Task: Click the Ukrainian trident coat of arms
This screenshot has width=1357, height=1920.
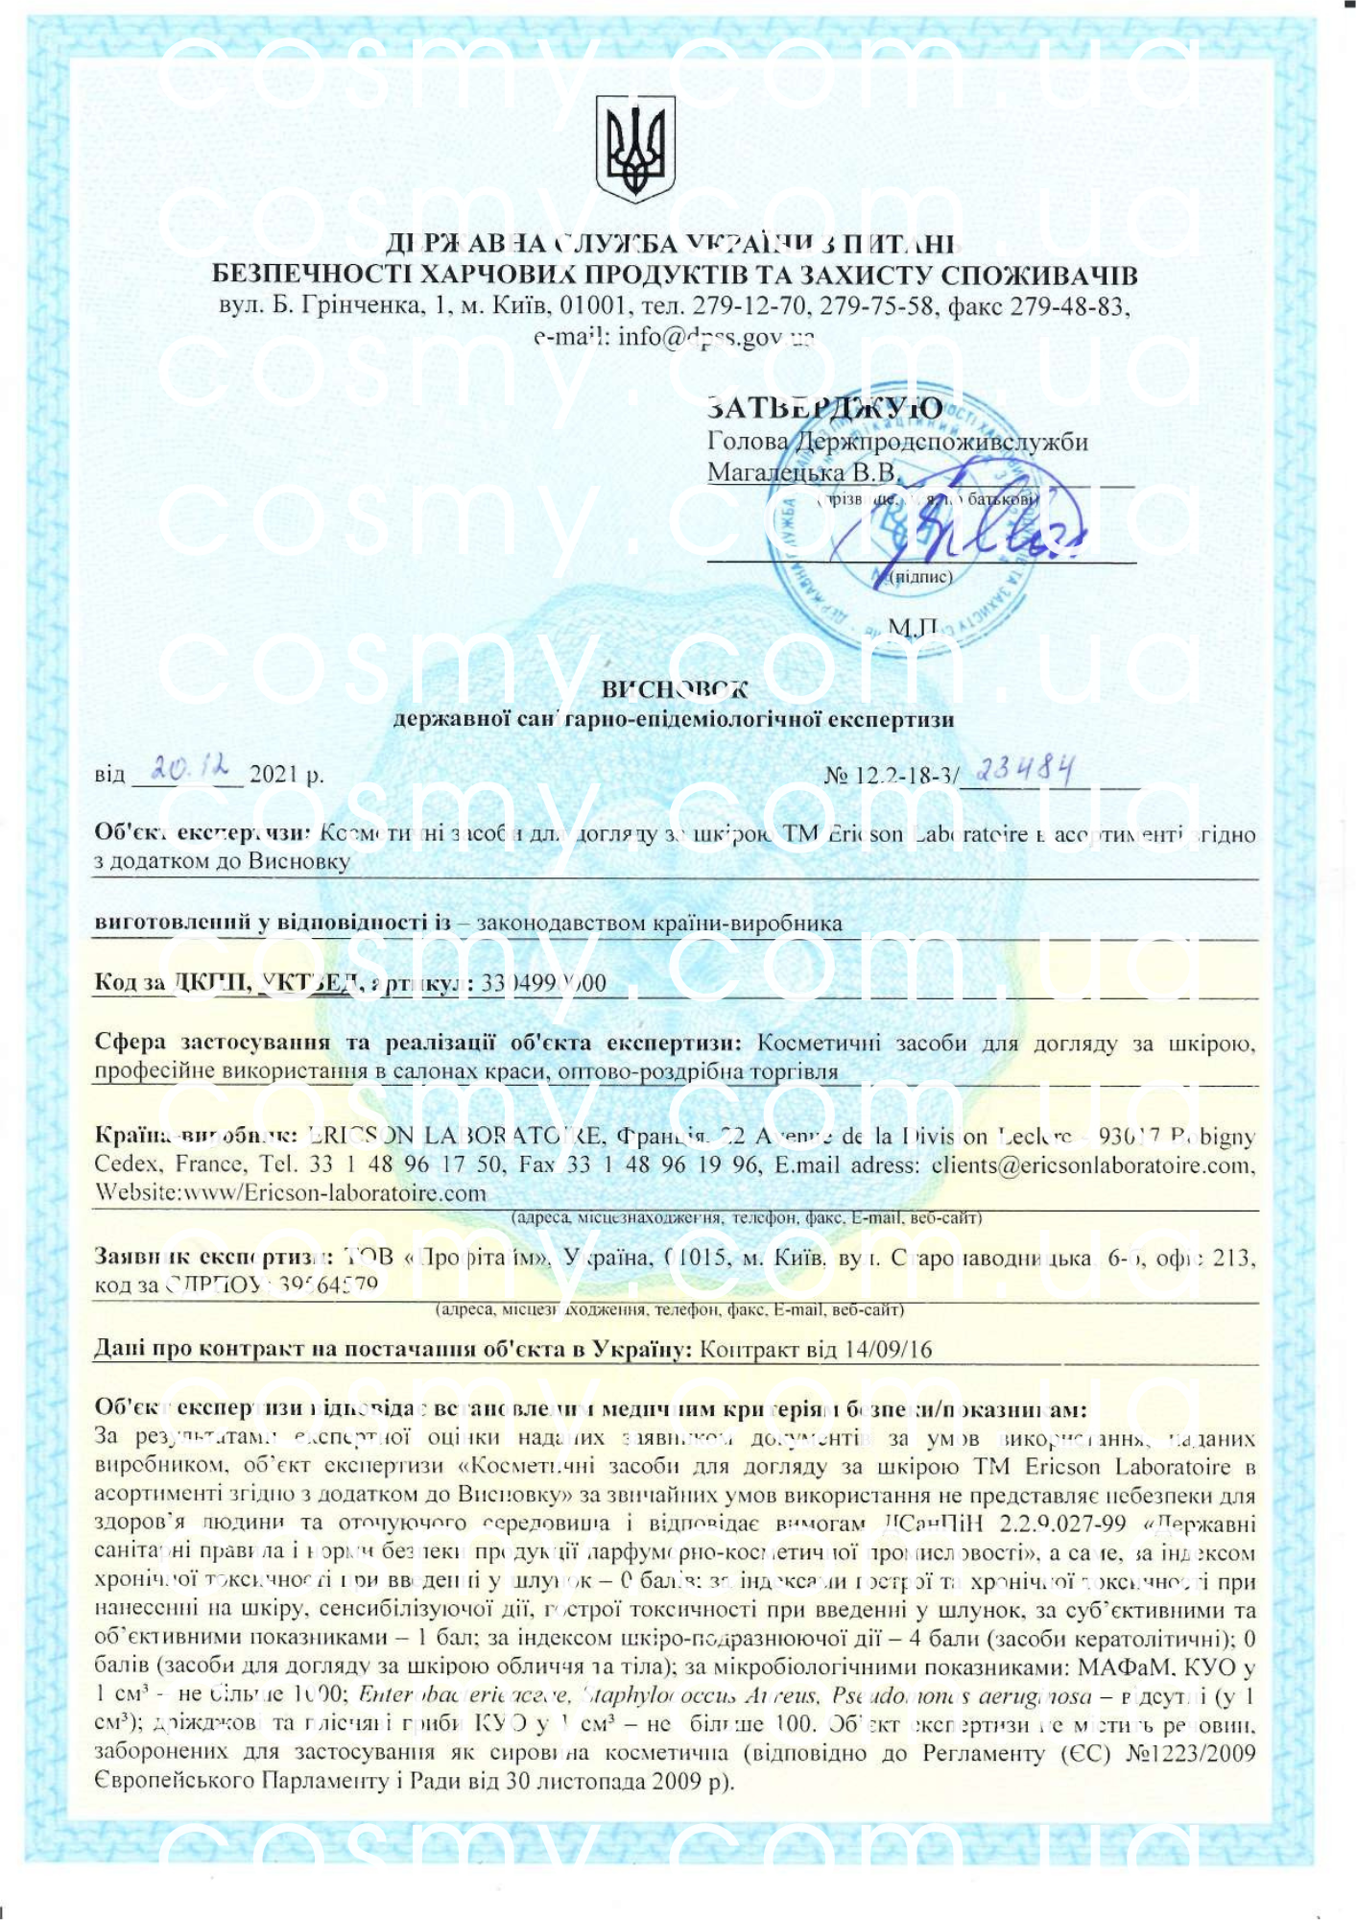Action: pos(635,148)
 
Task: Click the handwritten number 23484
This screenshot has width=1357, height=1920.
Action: pos(1024,769)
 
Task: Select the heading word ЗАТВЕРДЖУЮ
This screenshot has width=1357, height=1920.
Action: pos(823,409)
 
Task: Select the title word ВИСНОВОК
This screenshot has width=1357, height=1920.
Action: pos(674,689)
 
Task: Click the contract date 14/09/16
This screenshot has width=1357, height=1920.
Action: pos(889,1350)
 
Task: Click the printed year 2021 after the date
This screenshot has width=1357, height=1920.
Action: pos(274,775)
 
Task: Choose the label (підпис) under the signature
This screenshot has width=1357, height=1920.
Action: pos(921,577)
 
